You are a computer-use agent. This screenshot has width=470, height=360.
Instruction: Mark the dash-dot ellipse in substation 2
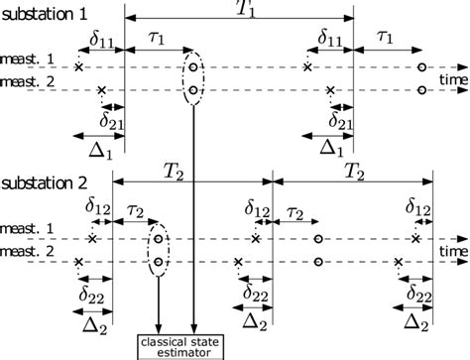pyautogui.click(x=158, y=250)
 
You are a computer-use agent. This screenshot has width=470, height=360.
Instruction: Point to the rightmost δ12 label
pyautogui.click(x=421, y=207)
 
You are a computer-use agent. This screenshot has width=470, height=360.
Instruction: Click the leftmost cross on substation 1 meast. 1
pyautogui.click(x=77, y=66)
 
